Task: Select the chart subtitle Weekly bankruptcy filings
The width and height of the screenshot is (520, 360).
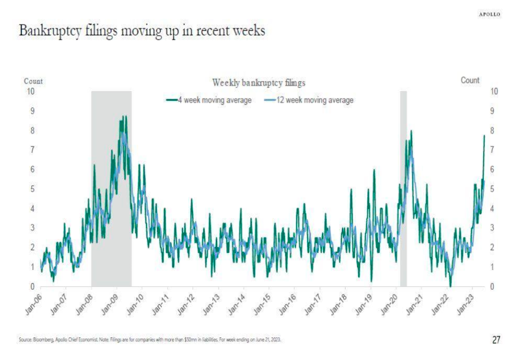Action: [x=259, y=83]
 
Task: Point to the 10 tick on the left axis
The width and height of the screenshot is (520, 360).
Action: [x=31, y=91]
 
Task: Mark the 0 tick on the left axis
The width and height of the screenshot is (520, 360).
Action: [x=32, y=286]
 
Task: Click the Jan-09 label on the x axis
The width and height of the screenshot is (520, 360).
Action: [x=110, y=299]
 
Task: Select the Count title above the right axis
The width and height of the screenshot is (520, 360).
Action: [x=470, y=80]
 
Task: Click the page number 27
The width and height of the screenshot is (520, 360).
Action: [x=496, y=340]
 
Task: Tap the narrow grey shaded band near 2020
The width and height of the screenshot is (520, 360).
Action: [x=403, y=187]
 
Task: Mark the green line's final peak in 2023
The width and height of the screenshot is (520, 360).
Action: [x=484, y=135]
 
